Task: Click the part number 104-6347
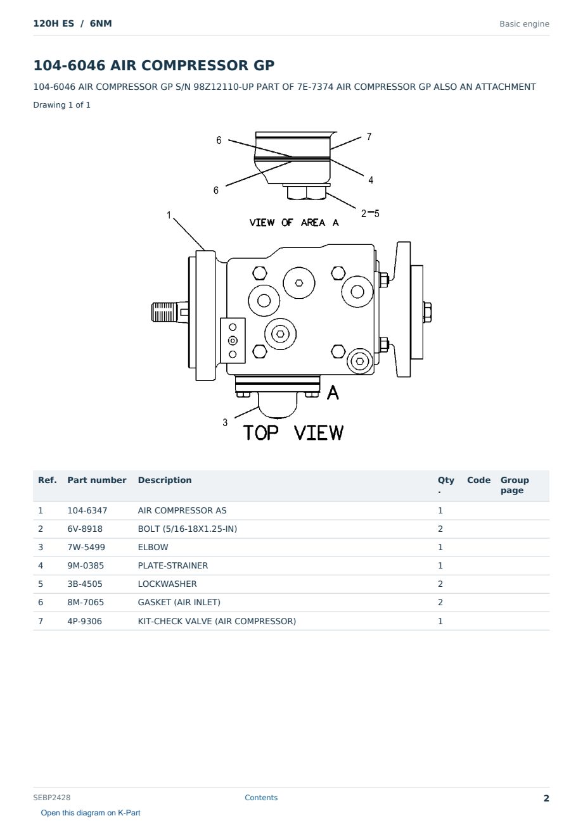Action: click(87, 510)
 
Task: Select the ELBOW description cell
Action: click(153, 547)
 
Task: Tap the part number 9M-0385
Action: click(86, 565)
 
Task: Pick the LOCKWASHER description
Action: click(167, 584)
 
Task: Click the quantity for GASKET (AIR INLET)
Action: click(440, 602)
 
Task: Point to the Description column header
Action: click(165, 480)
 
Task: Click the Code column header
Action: click(478, 480)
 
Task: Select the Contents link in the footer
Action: click(261, 797)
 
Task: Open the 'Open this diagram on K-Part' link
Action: click(91, 812)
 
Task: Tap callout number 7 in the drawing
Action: click(369, 137)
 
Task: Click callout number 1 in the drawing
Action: click(169, 215)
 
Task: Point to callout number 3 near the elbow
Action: click(225, 422)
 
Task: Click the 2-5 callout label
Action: click(370, 213)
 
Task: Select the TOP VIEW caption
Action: click(293, 433)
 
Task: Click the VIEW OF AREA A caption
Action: click(294, 223)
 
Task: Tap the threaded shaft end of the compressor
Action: click(164, 312)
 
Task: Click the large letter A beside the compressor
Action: click(333, 393)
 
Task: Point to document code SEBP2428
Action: click(52, 797)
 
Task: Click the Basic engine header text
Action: click(524, 24)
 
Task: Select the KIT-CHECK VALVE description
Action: click(217, 621)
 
